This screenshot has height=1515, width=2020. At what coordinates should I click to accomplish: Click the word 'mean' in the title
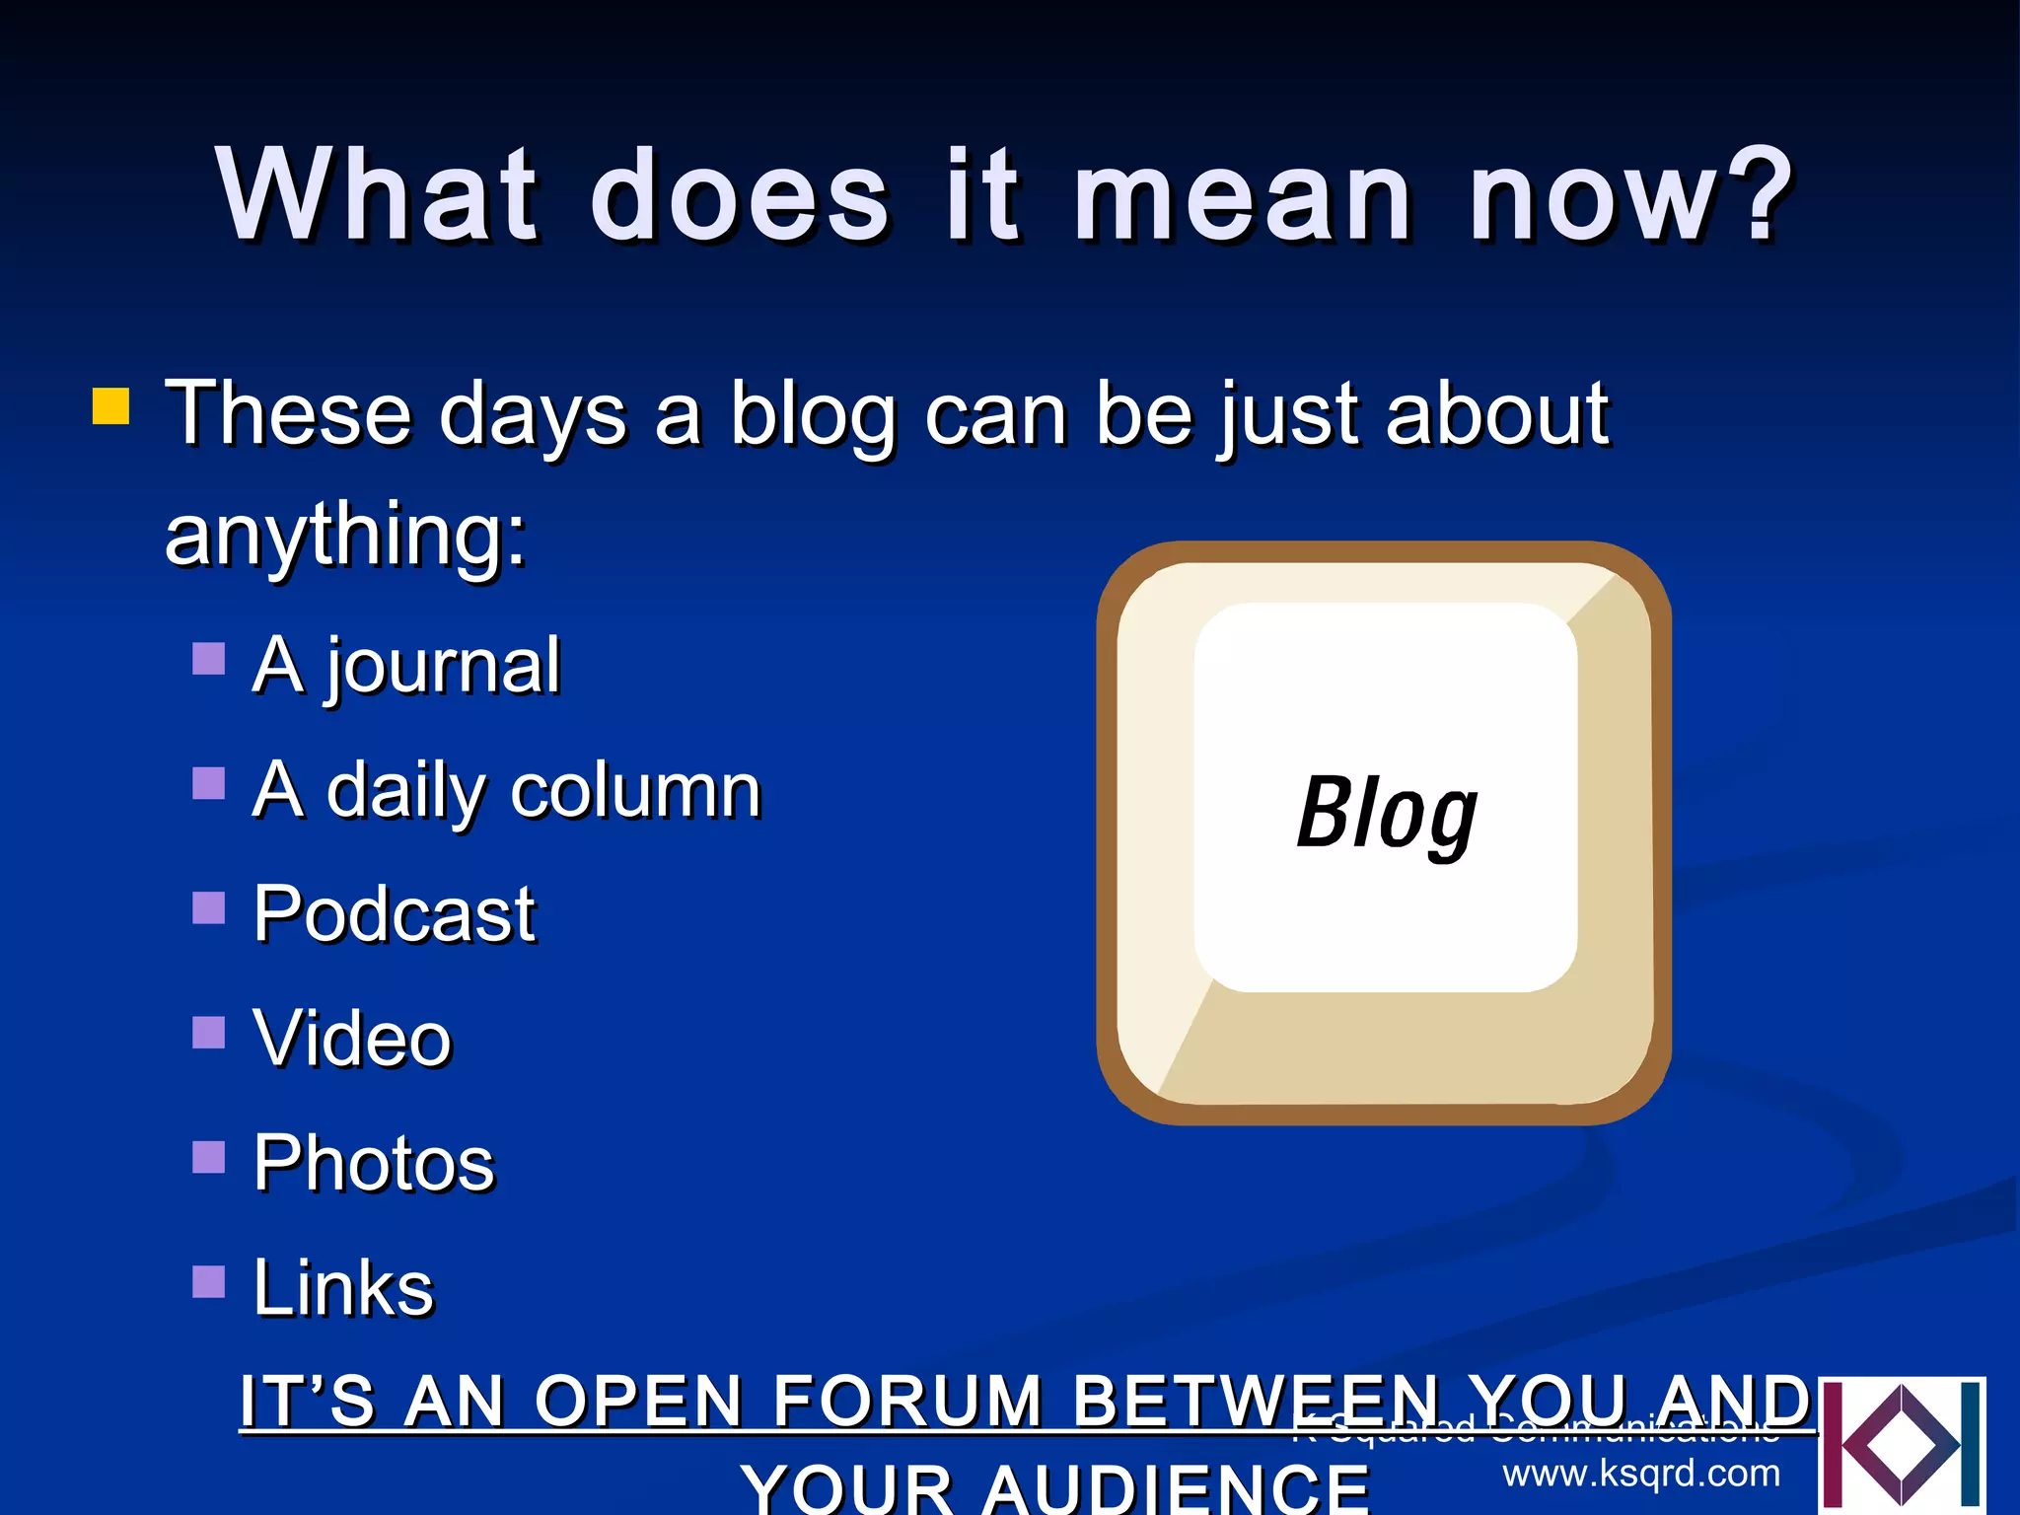coord(1243,194)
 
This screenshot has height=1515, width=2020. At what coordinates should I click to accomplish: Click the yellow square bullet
coord(110,405)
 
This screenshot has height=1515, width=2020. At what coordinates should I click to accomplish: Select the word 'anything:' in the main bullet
coord(345,535)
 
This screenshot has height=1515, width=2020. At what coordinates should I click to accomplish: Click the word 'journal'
coord(443,667)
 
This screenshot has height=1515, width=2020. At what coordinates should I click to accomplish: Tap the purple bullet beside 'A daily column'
coord(208,783)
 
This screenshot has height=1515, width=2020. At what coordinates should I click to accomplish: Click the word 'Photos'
coord(374,1163)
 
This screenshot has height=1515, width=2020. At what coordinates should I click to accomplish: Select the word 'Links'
coord(343,1287)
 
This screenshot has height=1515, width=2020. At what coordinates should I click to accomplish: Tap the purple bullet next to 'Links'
coord(208,1281)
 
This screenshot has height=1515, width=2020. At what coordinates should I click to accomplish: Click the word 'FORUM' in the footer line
coord(907,1401)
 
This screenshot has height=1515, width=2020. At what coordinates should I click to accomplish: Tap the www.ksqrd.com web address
coord(1641,1474)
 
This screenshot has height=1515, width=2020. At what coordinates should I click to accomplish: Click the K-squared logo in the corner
coord(1902,1446)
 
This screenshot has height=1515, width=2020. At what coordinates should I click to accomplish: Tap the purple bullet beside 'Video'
coord(208,1032)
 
